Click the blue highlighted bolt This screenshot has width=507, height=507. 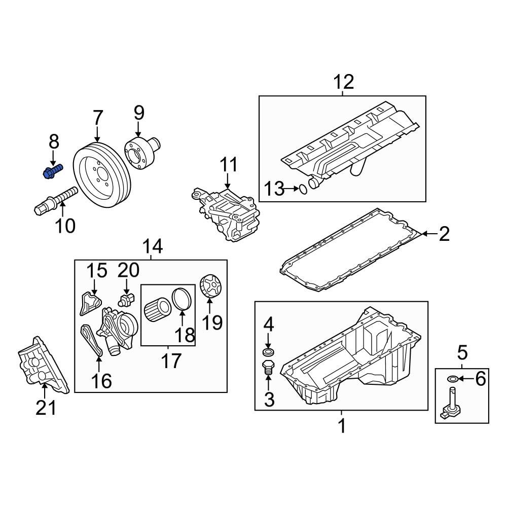tap(51, 171)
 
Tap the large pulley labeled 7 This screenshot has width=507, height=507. tap(103, 174)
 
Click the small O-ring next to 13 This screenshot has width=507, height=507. tap(302, 189)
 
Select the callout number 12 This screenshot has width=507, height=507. tap(343, 82)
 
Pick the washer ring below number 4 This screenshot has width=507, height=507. tap(268, 352)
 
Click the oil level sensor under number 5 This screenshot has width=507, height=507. tap(451, 404)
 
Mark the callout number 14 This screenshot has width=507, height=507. tap(152, 246)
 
